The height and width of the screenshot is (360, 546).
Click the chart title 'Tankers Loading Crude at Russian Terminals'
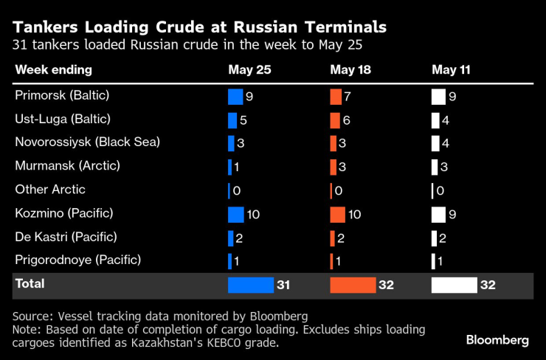pos(199,27)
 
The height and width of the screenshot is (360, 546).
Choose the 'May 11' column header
pos(451,70)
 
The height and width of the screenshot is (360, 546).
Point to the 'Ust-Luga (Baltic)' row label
pos(63,120)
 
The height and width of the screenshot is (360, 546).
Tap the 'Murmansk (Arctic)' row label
pos(67,167)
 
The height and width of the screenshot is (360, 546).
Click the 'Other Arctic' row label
pos(50,190)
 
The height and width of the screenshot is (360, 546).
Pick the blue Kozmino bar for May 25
pos(235,215)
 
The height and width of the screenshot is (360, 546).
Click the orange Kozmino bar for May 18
pos(337,215)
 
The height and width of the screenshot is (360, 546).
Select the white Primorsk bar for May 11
pos(438,97)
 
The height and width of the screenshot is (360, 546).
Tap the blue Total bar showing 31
pos(250,285)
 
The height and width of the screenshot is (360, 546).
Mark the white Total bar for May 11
pos(454,285)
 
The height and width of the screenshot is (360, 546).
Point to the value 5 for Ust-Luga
pos(244,120)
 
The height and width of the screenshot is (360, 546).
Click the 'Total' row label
pos(30,284)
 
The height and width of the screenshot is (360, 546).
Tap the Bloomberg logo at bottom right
pos(497,340)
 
